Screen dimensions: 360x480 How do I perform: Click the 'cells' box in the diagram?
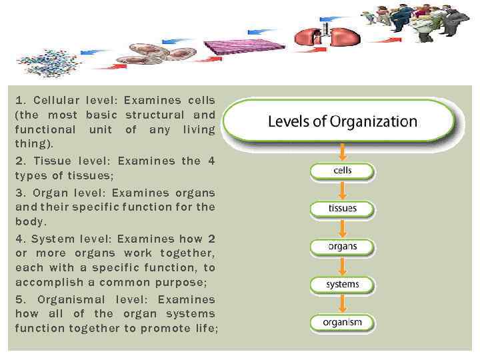(x=342, y=171)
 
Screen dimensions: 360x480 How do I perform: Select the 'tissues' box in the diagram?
(x=342, y=209)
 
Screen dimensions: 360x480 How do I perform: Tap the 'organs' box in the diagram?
(x=342, y=247)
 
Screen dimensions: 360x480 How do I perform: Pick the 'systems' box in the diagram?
(x=342, y=285)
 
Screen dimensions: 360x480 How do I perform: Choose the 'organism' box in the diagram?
(x=342, y=323)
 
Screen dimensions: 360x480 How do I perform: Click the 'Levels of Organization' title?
(x=342, y=122)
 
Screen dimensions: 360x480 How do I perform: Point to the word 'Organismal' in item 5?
(x=73, y=298)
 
